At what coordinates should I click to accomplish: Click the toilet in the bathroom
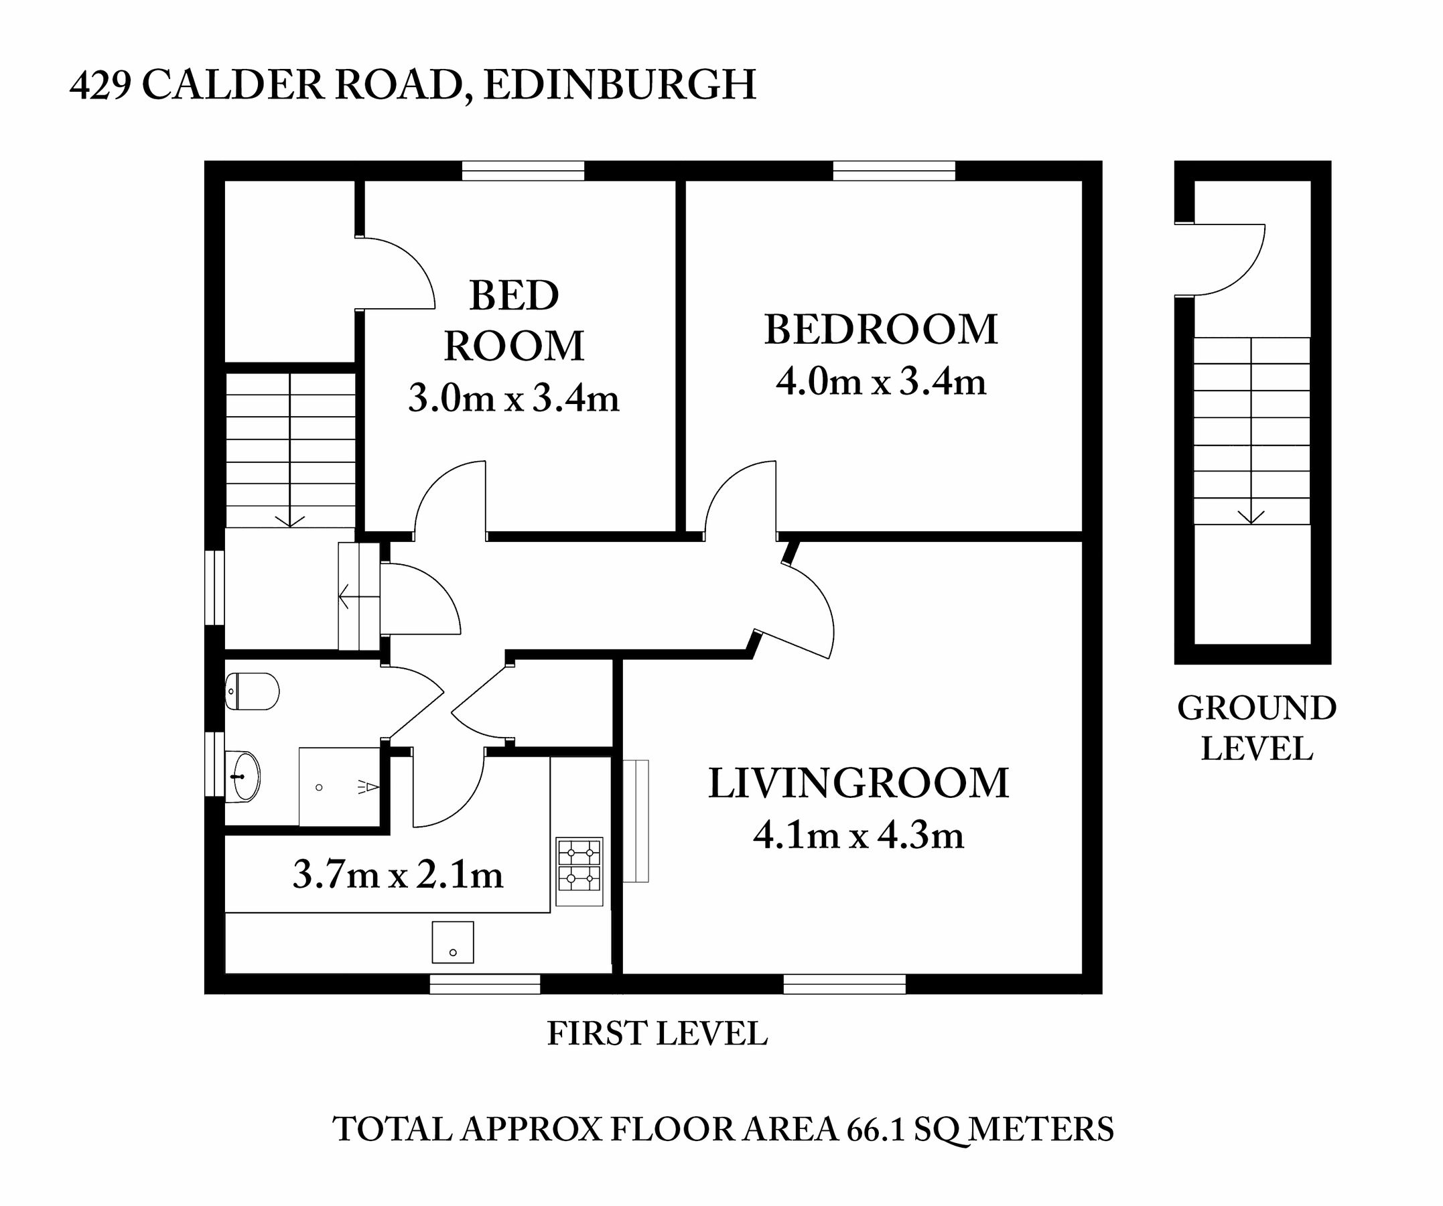252,691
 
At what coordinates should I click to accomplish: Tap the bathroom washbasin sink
243,776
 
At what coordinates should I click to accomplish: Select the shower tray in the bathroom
339,787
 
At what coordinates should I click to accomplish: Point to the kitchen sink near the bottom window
452,942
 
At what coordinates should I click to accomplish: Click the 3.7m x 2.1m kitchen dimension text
398,876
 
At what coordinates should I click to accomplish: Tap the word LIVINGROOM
858,783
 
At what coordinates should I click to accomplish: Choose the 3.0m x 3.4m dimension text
513,398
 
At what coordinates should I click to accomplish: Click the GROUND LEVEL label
1256,728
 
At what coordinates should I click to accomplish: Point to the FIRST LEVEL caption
657,1034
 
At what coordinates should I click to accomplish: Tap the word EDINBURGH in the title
619,85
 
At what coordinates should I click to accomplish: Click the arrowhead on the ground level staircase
1251,517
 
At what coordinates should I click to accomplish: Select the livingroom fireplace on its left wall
636,821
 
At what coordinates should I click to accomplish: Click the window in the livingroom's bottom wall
844,984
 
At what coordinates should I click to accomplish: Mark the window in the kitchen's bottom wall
484,984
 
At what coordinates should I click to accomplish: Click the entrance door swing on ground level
1227,261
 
